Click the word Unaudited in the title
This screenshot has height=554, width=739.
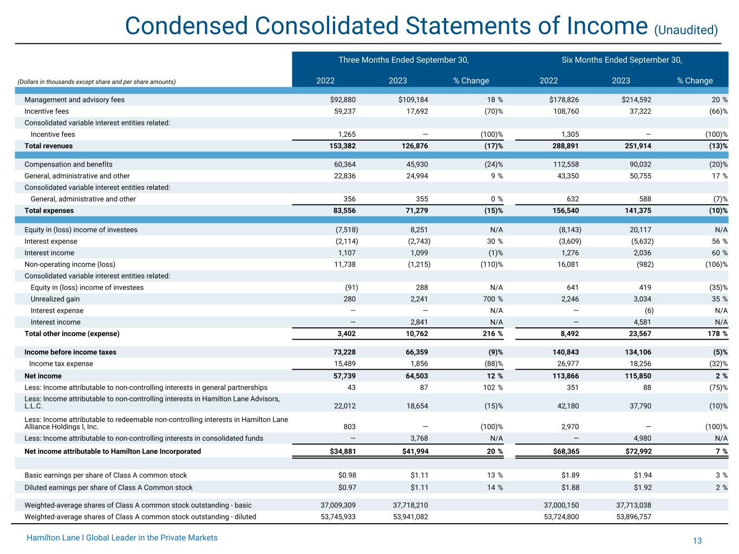point(686,30)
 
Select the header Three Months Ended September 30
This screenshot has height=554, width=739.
point(403,60)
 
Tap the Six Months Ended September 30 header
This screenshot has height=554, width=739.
point(622,60)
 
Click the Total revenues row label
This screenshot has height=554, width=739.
point(49,146)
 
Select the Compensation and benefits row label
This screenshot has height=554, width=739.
point(69,164)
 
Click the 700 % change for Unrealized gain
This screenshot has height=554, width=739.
point(493,299)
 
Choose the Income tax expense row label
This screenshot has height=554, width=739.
point(61,364)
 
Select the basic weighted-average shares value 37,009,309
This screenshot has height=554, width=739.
point(338,505)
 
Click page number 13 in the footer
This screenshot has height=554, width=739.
point(697,541)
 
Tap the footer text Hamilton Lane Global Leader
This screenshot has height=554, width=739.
point(122,538)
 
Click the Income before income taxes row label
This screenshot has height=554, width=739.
point(70,352)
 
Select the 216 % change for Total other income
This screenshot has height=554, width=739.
point(493,334)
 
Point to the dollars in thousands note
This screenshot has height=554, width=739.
point(97,82)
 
